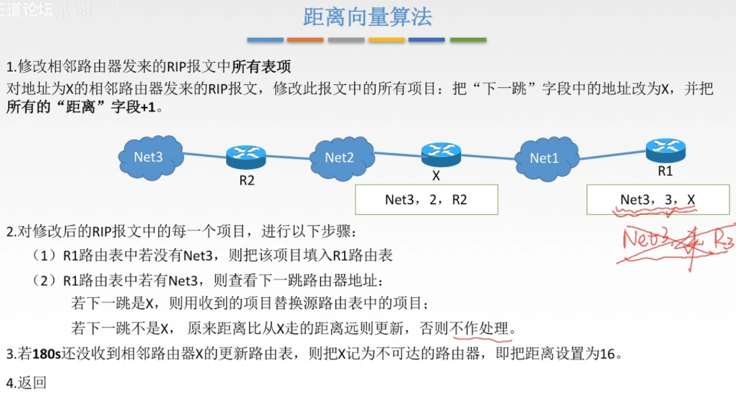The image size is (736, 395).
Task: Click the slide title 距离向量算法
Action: click(x=367, y=17)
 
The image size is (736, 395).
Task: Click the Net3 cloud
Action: click(x=149, y=156)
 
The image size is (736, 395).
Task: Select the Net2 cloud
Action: click(x=340, y=157)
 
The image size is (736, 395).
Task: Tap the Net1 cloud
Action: click(x=545, y=158)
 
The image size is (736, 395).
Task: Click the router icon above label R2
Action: click(x=246, y=156)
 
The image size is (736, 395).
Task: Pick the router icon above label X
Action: click(x=441, y=154)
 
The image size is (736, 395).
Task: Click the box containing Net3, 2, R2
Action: click(x=426, y=200)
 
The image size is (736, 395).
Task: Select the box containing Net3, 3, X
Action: click(x=657, y=200)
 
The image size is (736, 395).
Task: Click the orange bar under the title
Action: click(x=305, y=40)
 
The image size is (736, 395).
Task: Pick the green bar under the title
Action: click(x=468, y=40)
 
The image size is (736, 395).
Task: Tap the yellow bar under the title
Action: click(x=387, y=40)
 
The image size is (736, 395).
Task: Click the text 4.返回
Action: click(x=26, y=382)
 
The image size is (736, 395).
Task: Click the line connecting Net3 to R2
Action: click(x=204, y=154)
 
